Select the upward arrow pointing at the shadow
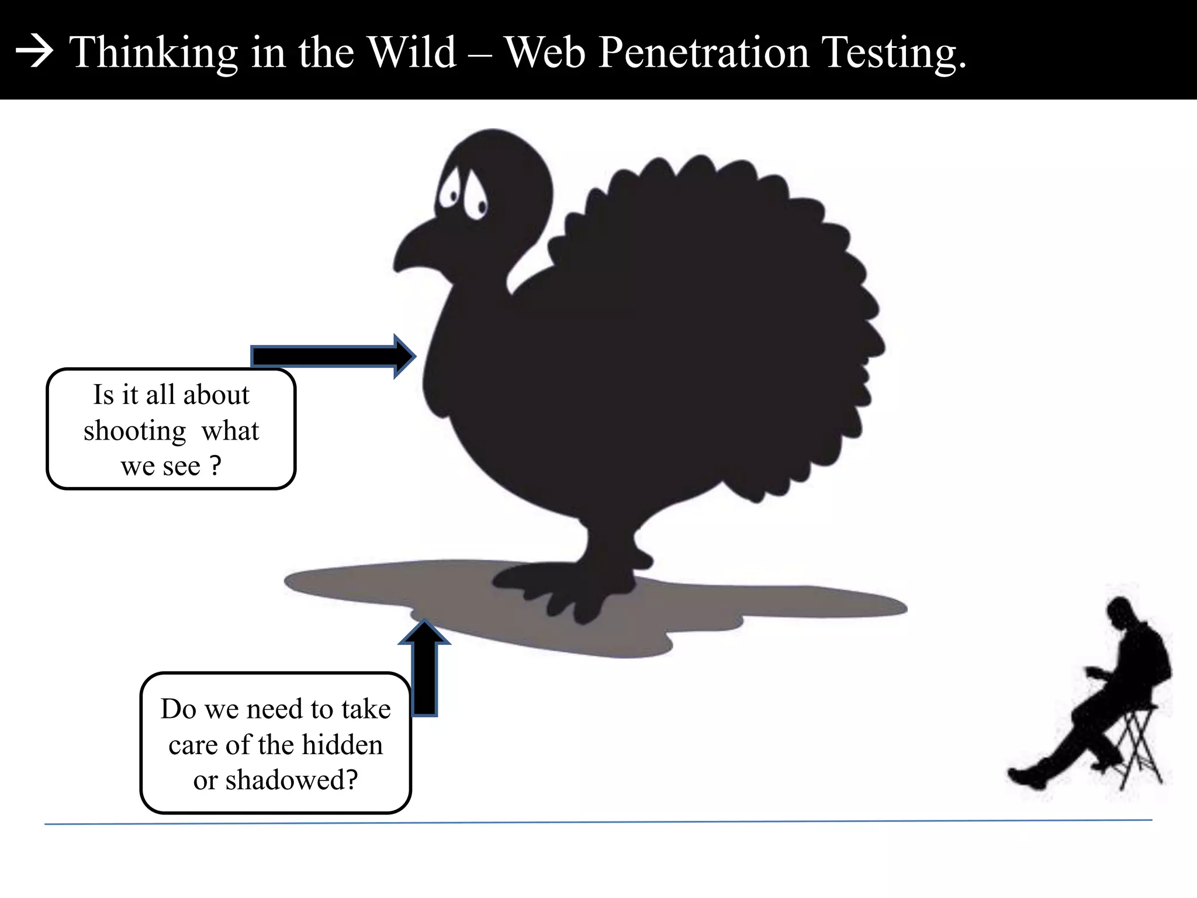pyautogui.click(x=424, y=666)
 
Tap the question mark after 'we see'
pyautogui.click(x=216, y=466)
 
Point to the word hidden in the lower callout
pyautogui.click(x=342, y=745)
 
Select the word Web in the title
pyautogui.click(x=545, y=53)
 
